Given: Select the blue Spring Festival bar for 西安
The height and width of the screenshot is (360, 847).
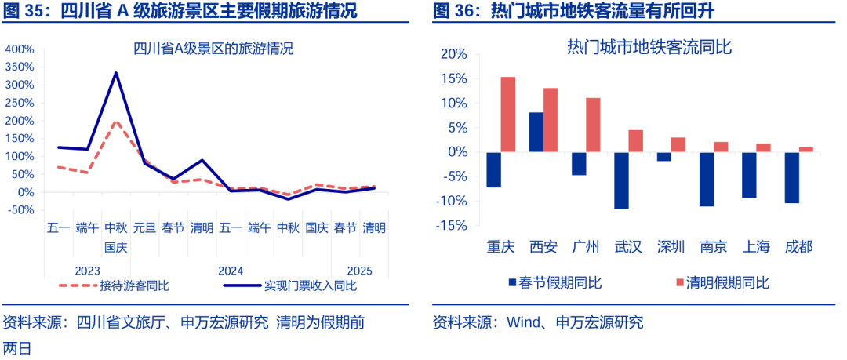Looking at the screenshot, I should (x=536, y=132).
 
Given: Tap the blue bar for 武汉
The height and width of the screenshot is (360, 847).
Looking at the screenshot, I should (x=621, y=180).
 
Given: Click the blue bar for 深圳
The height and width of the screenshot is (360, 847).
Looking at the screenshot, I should (x=663, y=156).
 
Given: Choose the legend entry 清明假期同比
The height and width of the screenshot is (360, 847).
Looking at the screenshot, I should (x=726, y=283).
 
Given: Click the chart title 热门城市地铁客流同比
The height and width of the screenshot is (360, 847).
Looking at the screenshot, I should (x=649, y=47).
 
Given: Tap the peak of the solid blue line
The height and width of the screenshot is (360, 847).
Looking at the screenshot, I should (x=116, y=73).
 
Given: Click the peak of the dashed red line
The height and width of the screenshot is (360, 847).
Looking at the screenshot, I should (x=116, y=122).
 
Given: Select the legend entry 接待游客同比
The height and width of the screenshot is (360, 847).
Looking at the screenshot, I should (x=134, y=285).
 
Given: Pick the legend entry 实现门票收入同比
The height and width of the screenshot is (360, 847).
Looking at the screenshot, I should (x=310, y=285).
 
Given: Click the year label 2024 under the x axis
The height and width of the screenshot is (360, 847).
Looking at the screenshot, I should (x=231, y=270).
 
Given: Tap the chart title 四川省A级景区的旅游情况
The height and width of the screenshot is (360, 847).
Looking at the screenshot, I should (x=213, y=49).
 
